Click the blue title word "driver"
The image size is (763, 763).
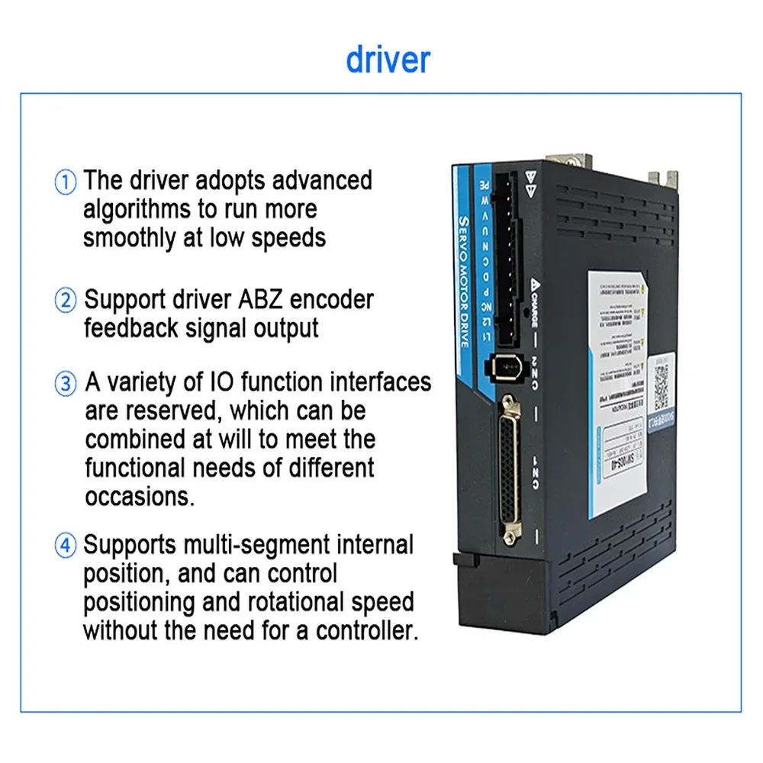coord(388,59)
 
